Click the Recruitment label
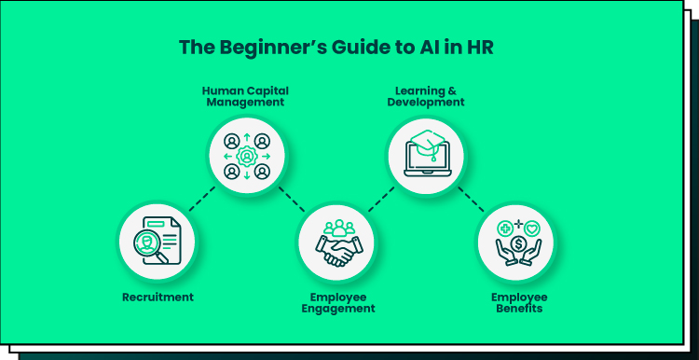click(x=158, y=298)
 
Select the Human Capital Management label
click(x=245, y=96)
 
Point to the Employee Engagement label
click(x=338, y=303)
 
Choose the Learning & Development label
click(x=426, y=96)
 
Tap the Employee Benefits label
click(x=519, y=303)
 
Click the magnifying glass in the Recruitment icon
click(x=149, y=245)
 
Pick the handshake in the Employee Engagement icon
click(x=338, y=252)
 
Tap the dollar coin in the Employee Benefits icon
click(x=518, y=244)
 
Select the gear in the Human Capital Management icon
click(x=247, y=156)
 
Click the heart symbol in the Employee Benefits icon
click(x=532, y=228)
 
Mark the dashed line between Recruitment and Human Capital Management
click(x=202, y=199)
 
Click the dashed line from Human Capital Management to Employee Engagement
click(x=292, y=199)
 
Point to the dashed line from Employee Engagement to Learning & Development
click(x=381, y=199)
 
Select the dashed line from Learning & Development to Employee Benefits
click(x=472, y=199)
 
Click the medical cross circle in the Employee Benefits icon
click(x=504, y=228)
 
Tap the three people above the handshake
click(x=339, y=228)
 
